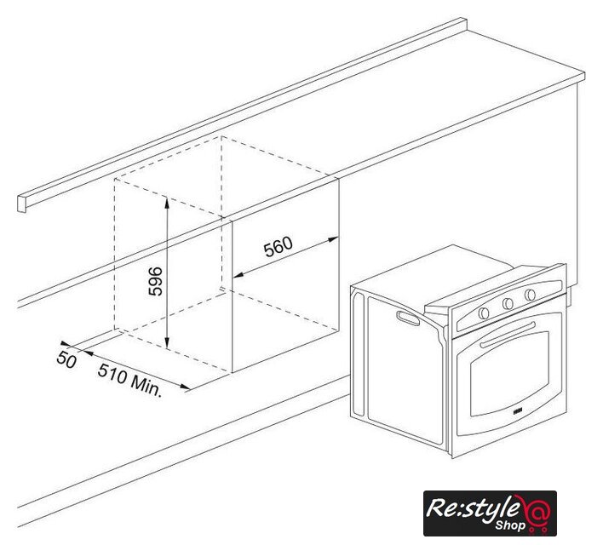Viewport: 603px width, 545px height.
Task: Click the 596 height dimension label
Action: click(x=155, y=281)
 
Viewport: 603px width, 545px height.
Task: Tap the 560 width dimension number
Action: click(x=278, y=246)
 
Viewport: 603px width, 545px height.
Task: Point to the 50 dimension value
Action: click(x=66, y=360)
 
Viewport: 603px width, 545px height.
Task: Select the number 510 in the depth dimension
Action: click(x=112, y=373)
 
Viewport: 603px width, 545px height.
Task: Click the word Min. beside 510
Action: click(x=146, y=386)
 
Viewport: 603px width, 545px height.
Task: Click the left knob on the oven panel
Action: click(x=484, y=313)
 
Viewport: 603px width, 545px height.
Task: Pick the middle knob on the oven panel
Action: click(x=508, y=303)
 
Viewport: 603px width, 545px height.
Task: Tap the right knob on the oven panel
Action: click(x=530, y=295)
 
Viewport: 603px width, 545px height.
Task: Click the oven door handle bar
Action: click(x=508, y=335)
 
